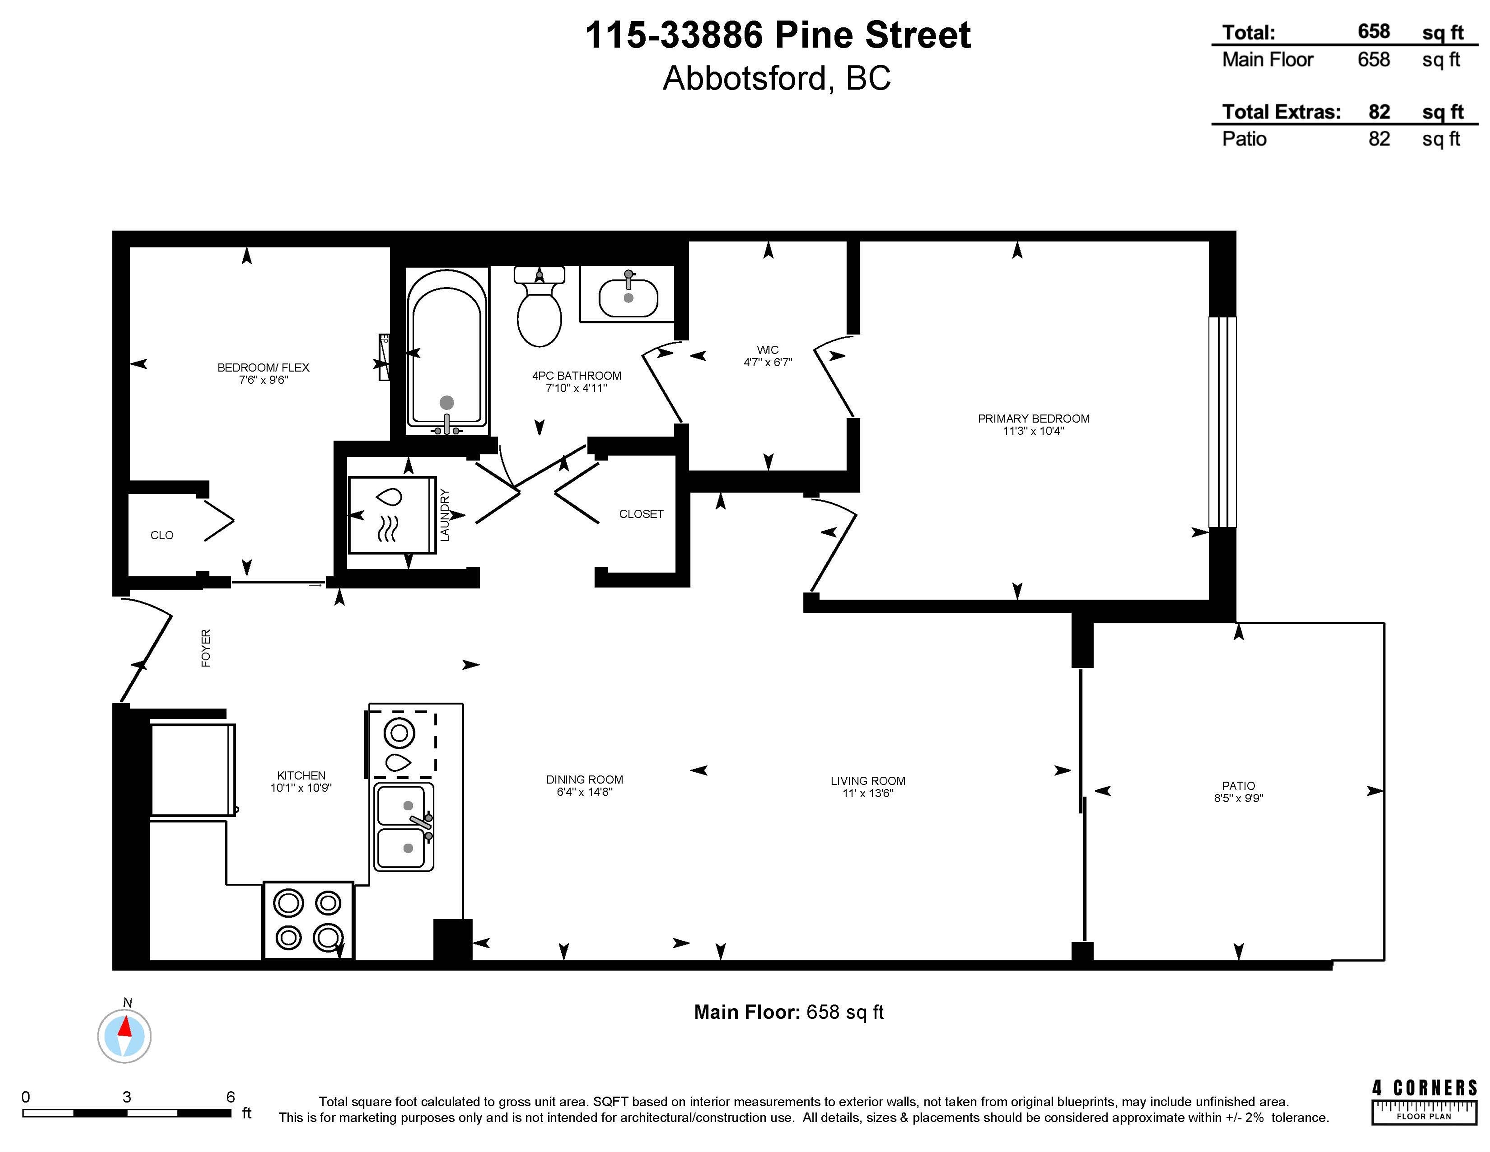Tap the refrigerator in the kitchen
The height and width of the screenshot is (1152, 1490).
192,770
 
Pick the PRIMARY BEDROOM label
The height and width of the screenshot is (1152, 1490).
1034,419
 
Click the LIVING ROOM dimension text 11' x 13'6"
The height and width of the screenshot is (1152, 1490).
868,793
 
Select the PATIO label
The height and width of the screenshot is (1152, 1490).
1238,786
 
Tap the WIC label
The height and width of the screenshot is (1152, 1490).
768,350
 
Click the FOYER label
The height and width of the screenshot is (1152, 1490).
206,648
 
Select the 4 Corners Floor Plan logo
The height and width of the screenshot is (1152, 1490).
1425,1101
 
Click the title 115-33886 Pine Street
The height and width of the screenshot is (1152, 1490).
778,35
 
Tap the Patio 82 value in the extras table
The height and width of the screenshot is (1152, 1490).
1379,139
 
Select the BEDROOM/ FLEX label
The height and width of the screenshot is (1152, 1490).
263,368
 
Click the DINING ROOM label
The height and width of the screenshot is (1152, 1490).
585,780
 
